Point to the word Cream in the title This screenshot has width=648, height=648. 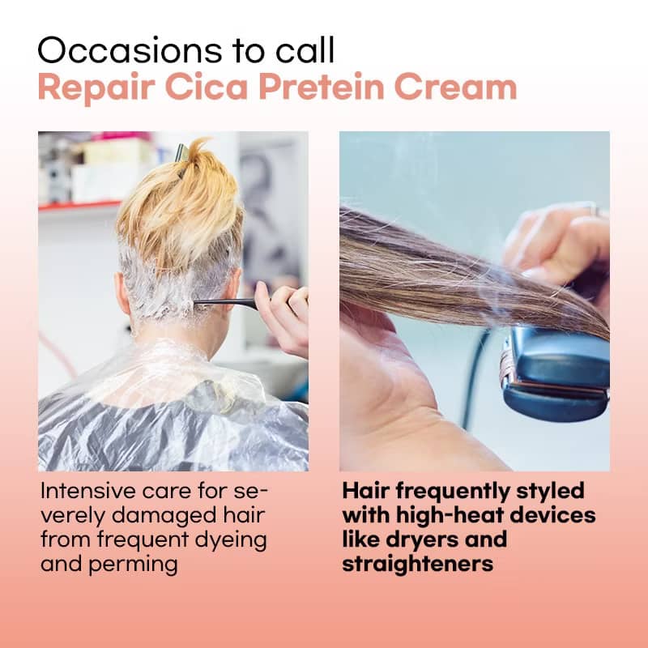click(x=455, y=87)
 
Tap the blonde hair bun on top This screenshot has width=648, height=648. click(x=181, y=202)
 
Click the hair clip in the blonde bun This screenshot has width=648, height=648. click(x=181, y=154)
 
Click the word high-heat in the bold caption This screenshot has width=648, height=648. click(x=450, y=515)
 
